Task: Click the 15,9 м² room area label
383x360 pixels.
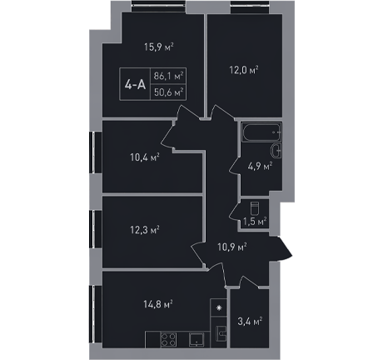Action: [159, 47]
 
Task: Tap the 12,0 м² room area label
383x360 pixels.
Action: [244, 69]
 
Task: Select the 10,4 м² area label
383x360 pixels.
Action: [145, 157]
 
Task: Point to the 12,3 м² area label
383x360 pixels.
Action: [145, 230]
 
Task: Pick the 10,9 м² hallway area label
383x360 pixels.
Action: [232, 247]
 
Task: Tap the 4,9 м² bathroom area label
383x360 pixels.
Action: [260, 167]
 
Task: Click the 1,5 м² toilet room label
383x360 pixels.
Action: [255, 221]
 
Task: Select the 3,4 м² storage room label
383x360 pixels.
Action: [251, 322]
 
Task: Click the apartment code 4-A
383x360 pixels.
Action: [135, 84]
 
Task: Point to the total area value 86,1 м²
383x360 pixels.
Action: [169, 76]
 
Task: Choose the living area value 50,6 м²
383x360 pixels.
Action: [169, 92]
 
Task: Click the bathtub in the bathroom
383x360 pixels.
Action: [261, 132]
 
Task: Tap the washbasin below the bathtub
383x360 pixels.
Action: [276, 151]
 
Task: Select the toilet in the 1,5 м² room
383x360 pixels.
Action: [255, 208]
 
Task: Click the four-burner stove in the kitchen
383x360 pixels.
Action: [168, 339]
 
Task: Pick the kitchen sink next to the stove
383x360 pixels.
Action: [196, 339]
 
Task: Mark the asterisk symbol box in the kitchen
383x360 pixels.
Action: [219, 307]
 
